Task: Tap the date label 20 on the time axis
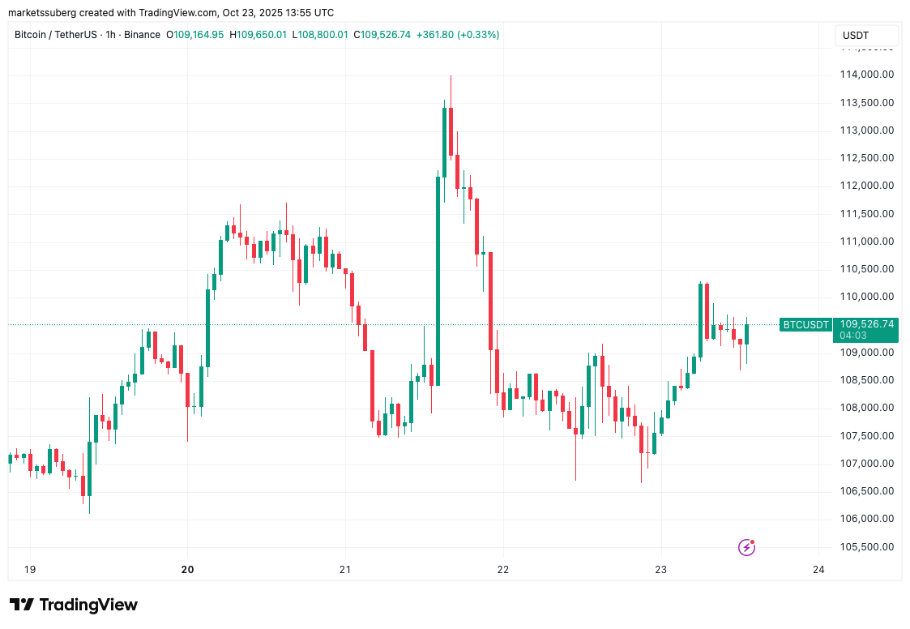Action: (x=188, y=570)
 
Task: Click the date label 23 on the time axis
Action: (x=661, y=570)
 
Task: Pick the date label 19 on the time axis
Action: (x=30, y=570)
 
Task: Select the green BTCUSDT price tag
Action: (x=805, y=325)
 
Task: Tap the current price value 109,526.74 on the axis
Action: (x=866, y=324)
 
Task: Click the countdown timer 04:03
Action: (x=854, y=335)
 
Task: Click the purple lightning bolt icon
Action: (x=747, y=547)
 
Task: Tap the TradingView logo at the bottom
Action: (x=74, y=605)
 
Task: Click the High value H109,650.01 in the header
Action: (x=258, y=35)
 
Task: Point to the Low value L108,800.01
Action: (x=319, y=35)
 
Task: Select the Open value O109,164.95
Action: (x=195, y=35)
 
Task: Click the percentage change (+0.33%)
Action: (x=478, y=35)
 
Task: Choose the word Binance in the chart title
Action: (x=142, y=35)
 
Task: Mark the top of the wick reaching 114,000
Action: (x=451, y=75)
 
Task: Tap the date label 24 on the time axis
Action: (x=818, y=570)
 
